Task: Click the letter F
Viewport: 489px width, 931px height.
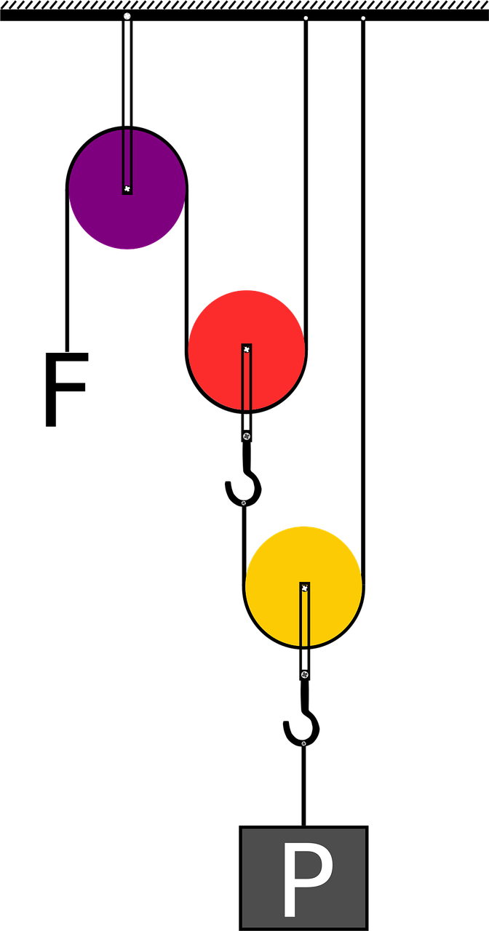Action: tap(66, 389)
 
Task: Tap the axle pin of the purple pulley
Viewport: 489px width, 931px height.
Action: tap(127, 188)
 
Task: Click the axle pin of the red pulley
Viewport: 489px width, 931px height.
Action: tap(247, 350)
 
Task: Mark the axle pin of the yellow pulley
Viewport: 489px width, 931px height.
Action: tap(305, 588)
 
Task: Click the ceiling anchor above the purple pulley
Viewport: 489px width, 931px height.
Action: tap(127, 16)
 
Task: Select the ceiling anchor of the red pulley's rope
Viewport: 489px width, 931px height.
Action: tap(306, 18)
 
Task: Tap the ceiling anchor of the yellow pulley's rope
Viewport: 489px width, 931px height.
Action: tap(363, 18)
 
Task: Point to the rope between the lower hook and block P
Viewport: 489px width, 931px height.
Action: tap(303, 786)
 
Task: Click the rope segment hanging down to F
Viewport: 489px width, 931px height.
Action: tap(67, 270)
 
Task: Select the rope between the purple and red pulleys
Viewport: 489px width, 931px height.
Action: tap(187, 269)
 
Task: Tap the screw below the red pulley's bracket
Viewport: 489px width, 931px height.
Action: tap(247, 436)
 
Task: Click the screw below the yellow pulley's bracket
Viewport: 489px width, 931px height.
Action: tap(305, 674)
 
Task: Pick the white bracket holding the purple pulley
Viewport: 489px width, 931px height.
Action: tap(127, 104)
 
